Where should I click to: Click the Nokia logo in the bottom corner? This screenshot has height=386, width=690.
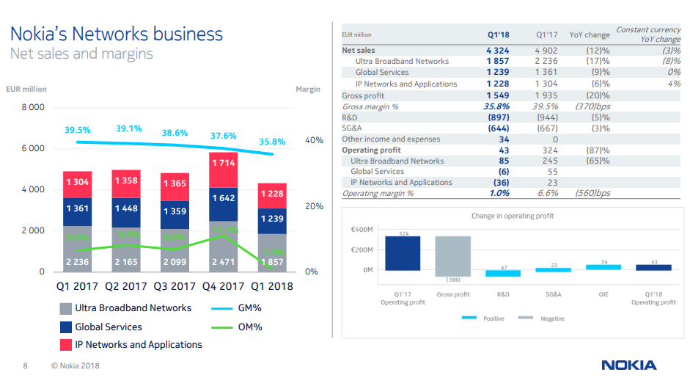coord(628,365)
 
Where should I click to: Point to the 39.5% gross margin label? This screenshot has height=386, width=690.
coord(78,130)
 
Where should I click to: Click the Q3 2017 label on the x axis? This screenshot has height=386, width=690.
coord(175,286)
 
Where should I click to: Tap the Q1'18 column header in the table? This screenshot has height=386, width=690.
coord(499,34)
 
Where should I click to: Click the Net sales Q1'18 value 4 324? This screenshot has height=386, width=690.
coord(497,51)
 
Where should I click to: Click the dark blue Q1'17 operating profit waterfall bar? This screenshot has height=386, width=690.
coord(403,254)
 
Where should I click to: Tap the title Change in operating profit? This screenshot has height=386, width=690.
coord(512,216)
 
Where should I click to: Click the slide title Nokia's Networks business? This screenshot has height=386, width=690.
coord(116,34)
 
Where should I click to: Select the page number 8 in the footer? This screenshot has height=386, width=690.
coord(25,365)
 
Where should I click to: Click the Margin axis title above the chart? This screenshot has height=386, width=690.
coord(308,89)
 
